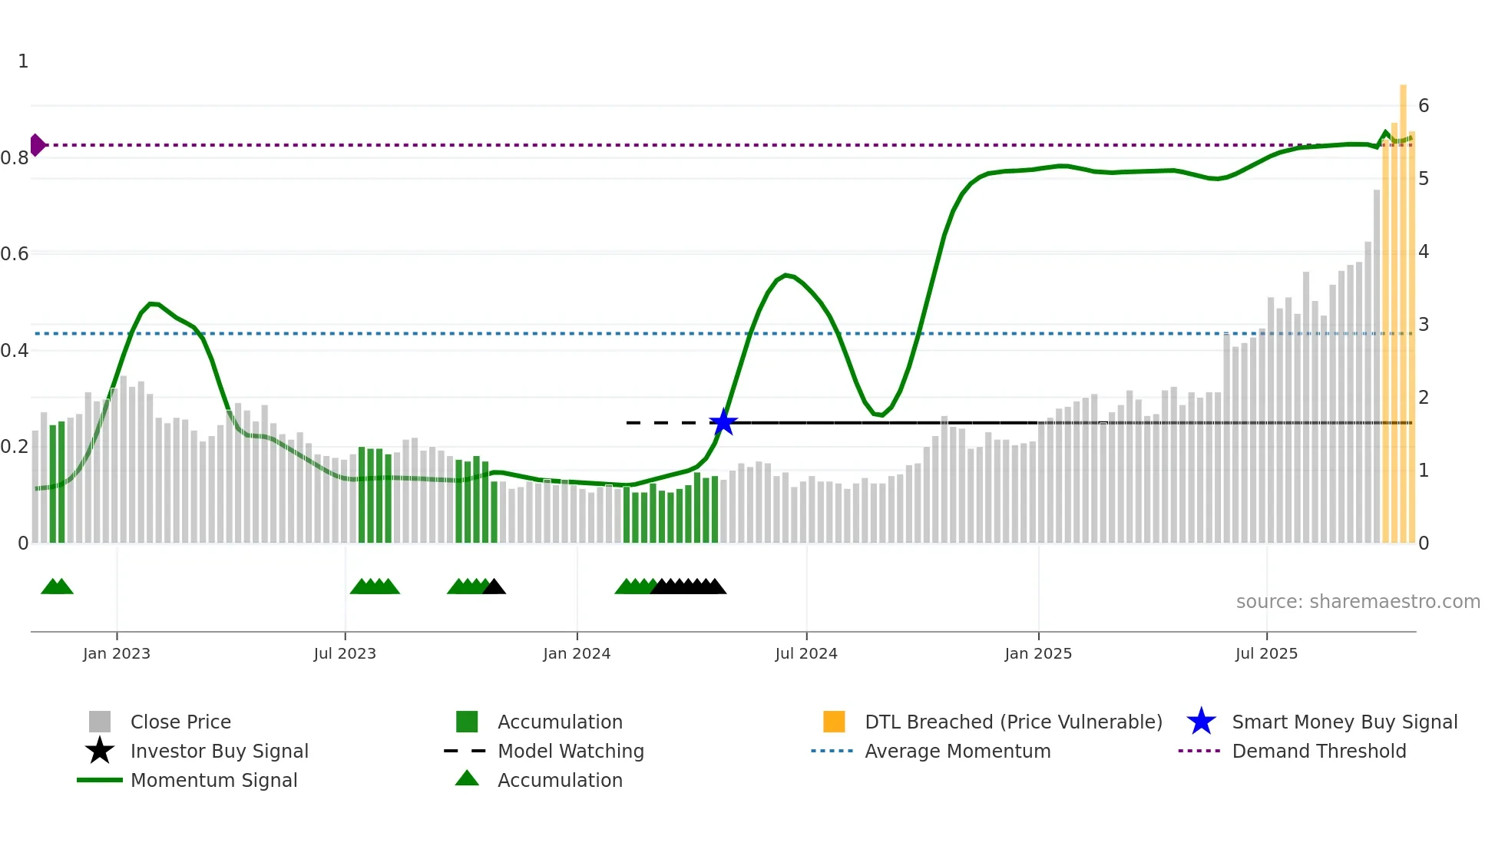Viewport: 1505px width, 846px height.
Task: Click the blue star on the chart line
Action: pos(723,422)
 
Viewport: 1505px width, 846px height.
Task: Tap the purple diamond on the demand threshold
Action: pos(37,144)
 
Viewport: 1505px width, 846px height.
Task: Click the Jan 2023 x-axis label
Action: pos(117,653)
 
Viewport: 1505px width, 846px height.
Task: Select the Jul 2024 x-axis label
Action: pos(806,653)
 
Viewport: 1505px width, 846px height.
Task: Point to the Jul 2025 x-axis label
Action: pos(1266,653)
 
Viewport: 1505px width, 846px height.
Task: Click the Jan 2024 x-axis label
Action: pos(577,653)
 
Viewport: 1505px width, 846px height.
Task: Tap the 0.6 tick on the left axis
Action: pos(15,253)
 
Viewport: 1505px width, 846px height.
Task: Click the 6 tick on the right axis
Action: pos(1424,105)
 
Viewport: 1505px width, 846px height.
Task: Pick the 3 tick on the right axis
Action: pos(1424,324)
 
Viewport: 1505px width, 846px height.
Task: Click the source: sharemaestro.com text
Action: pos(1358,601)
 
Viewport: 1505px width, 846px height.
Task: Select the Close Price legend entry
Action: pos(180,722)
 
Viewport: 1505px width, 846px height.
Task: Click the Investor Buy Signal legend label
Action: pos(219,751)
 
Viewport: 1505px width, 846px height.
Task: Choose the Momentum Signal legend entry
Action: pos(213,780)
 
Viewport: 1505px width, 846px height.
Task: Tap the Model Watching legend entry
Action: pos(571,751)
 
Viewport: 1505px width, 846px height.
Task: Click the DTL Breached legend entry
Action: pos(1013,722)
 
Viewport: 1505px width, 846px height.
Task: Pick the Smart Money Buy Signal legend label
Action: pos(1345,722)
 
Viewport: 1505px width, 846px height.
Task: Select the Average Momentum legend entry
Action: pos(958,751)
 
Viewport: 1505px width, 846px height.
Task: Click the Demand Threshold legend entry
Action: pos(1318,751)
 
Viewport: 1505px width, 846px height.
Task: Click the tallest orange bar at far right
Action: pos(1403,307)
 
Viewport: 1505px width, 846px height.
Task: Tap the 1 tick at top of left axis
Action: pos(23,61)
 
